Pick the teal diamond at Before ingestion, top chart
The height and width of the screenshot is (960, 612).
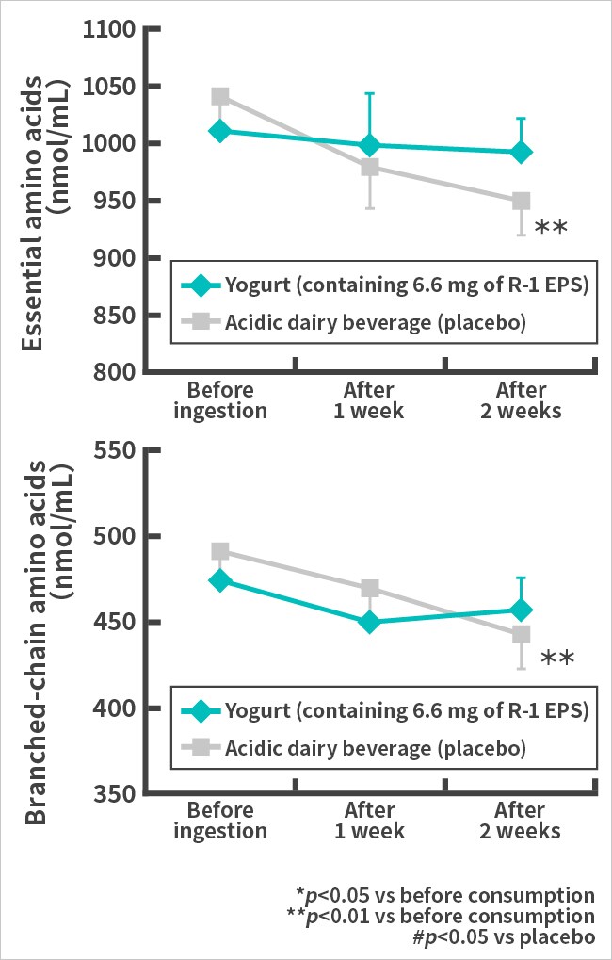click(x=220, y=131)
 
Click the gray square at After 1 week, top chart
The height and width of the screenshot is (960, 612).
click(x=370, y=168)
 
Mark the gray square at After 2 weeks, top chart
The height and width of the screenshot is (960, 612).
click(x=521, y=201)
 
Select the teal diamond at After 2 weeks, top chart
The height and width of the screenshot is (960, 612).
click(x=521, y=152)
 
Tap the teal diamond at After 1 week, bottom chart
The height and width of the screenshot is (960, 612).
click(x=370, y=622)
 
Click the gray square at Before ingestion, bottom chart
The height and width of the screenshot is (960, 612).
click(x=220, y=551)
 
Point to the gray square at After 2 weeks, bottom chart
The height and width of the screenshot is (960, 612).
click(x=521, y=635)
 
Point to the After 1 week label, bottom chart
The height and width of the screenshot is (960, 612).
click(x=369, y=820)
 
